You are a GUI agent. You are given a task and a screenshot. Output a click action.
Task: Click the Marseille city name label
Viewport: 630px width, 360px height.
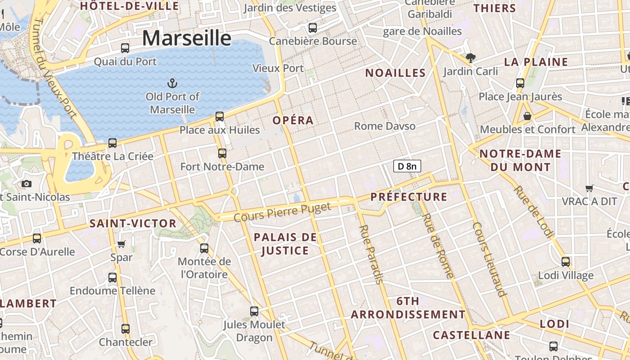(x=187, y=38)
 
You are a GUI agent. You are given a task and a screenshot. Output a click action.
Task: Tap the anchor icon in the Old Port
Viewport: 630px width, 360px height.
(x=172, y=83)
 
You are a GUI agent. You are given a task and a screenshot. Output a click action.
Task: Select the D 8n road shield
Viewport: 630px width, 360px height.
(x=407, y=166)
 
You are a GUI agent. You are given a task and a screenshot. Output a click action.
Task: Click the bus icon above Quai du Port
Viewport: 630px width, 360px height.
(x=125, y=48)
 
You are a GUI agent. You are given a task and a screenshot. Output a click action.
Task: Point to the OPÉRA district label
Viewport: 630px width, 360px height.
(x=293, y=120)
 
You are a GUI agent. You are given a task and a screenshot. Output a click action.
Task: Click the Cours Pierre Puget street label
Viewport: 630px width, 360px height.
(x=283, y=212)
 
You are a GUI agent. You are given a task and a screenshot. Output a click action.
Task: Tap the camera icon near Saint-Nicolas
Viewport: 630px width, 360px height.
(x=27, y=184)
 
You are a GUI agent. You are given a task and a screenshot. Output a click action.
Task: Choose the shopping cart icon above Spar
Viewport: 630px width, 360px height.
(x=121, y=244)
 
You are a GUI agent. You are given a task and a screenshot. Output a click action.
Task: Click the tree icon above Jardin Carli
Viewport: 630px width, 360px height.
(x=471, y=58)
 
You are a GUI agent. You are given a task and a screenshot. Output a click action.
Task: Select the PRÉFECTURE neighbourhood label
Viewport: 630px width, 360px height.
(x=409, y=197)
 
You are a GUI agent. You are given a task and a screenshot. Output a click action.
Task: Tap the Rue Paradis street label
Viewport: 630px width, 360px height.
(x=371, y=254)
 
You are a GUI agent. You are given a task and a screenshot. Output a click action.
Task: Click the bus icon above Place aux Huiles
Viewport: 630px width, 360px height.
(x=220, y=116)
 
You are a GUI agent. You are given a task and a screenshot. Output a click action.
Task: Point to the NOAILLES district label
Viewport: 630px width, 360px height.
(x=395, y=73)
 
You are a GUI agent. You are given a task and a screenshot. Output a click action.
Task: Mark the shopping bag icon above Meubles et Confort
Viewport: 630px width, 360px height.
(x=527, y=116)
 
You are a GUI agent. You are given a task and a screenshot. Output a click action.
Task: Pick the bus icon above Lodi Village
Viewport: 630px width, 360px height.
(x=566, y=261)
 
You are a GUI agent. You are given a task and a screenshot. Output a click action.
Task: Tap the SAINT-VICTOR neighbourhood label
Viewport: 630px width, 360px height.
(x=133, y=223)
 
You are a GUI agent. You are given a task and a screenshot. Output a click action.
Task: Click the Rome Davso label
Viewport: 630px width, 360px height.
(x=385, y=126)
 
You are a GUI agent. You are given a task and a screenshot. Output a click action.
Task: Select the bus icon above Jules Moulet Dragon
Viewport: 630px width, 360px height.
(x=254, y=311)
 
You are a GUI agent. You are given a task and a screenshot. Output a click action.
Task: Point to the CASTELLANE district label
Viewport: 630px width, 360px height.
(x=471, y=335)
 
